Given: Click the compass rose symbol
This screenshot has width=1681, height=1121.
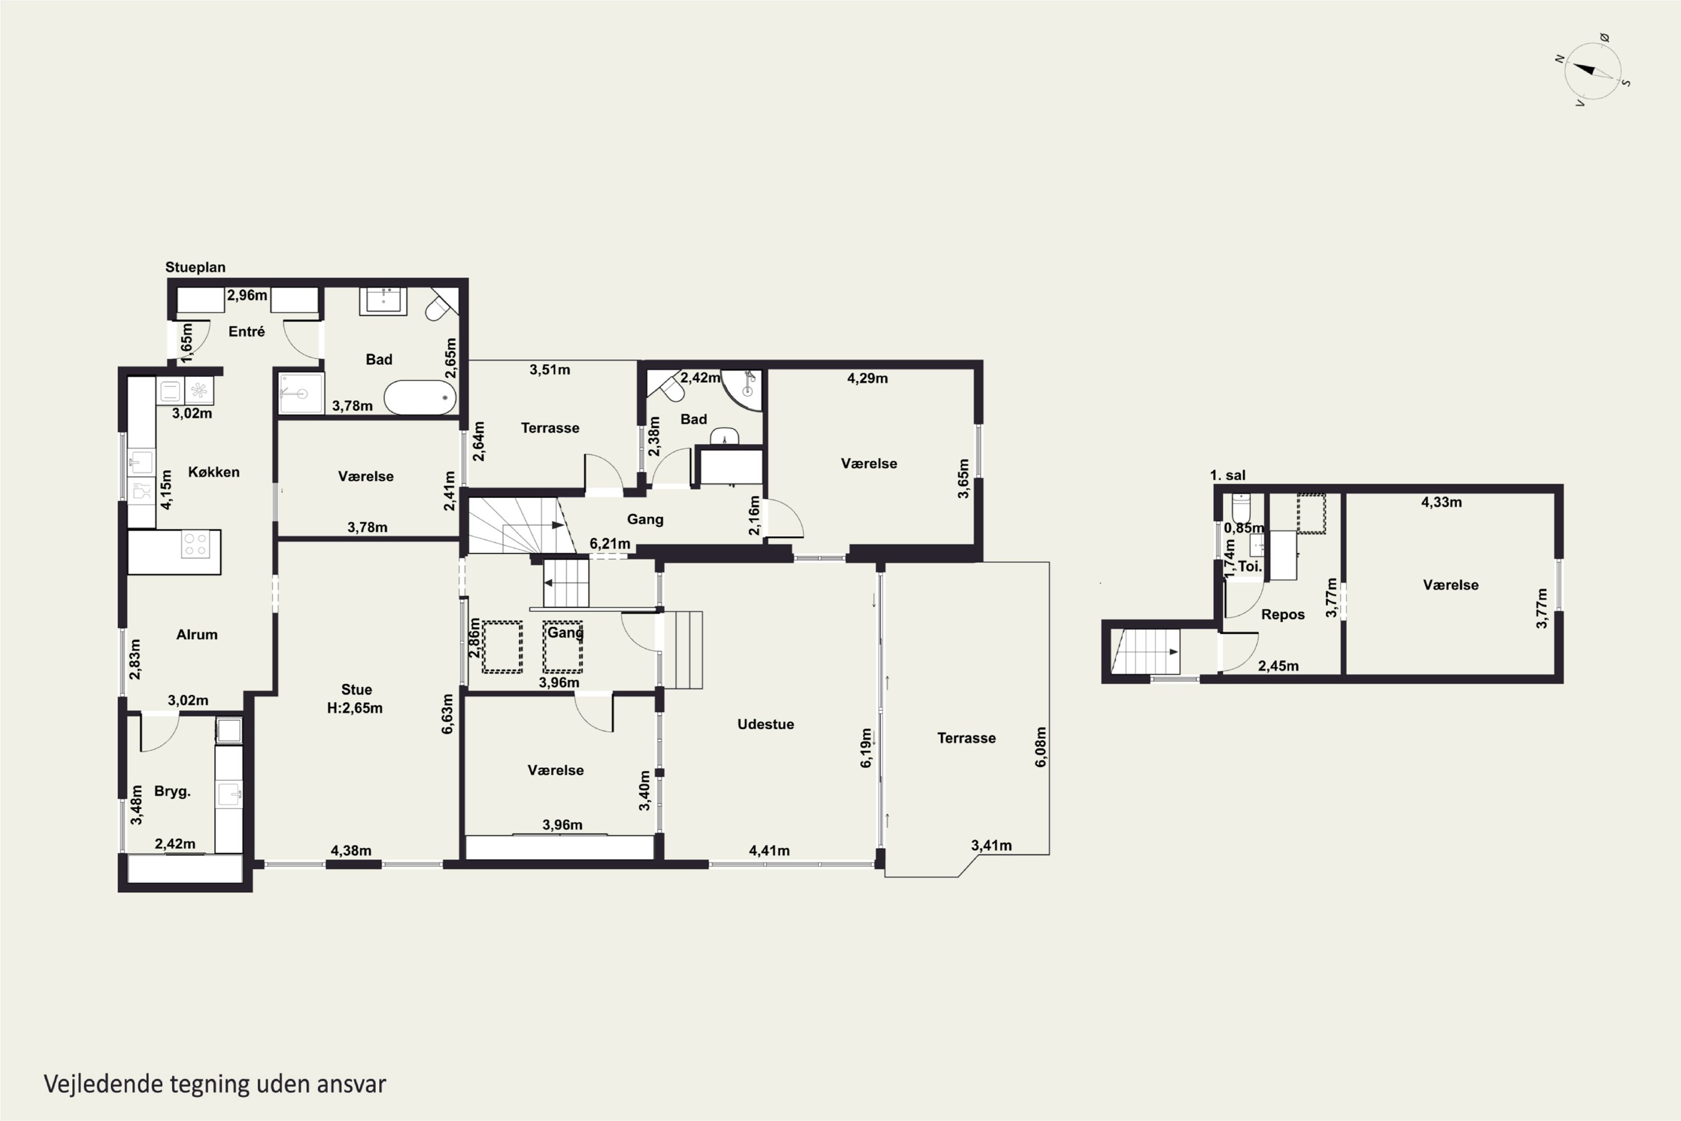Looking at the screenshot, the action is coord(1592,71).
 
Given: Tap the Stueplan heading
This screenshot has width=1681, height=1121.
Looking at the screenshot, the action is coord(195,267).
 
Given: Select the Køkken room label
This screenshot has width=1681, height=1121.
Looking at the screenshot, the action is coord(213,472).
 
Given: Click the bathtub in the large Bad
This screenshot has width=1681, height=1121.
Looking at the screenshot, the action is coord(420,397).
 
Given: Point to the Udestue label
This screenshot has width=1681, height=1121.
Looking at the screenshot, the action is coord(765,724).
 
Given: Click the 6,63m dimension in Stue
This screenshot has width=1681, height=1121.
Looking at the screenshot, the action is coord(447,714).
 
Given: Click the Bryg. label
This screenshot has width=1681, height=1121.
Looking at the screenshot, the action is coord(172,791).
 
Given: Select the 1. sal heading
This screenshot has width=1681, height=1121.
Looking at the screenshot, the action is coord(1227,475).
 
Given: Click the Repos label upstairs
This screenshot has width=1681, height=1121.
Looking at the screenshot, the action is coord(1283,615).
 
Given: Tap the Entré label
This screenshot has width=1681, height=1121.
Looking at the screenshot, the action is coord(247,332).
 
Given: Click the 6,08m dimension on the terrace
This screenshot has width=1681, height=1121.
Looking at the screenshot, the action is coord(1041,747).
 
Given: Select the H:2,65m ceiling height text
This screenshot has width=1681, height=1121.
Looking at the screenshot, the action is coord(355,708).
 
